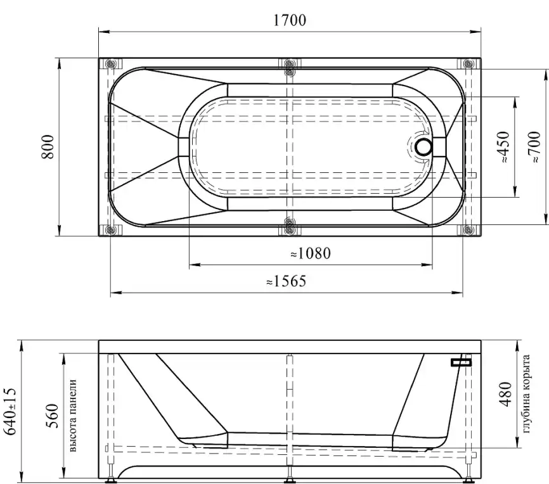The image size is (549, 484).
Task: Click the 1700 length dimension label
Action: point(289,20)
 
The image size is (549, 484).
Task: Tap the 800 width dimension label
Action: point(48,147)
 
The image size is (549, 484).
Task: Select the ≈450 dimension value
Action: point(503,147)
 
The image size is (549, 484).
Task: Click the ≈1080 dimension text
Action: point(311,253)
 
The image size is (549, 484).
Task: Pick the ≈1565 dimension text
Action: point(286,281)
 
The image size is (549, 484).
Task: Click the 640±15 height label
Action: point(10,411)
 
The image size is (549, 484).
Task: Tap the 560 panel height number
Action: point(51,416)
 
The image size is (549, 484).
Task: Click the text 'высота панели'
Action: point(73,416)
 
